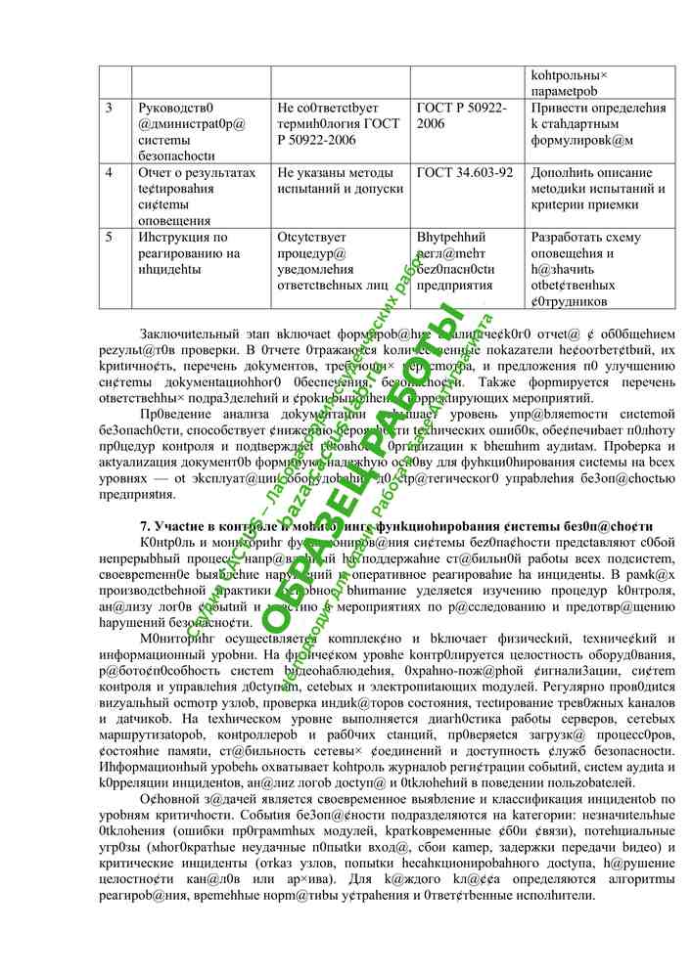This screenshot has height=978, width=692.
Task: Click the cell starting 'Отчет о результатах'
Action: click(x=201, y=196)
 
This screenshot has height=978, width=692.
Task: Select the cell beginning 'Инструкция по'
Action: click(x=201, y=268)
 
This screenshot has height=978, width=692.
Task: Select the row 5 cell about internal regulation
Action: click(x=467, y=268)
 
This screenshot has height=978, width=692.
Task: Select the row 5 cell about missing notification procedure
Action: click(x=340, y=268)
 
